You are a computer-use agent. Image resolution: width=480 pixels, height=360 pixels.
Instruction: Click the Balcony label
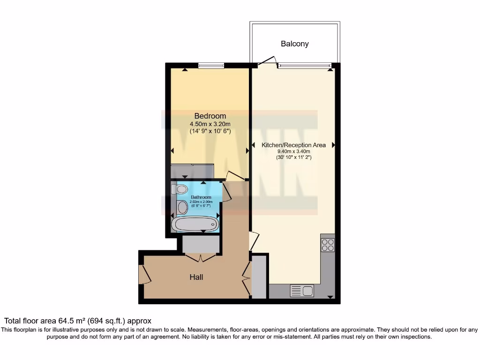click(x=294, y=44)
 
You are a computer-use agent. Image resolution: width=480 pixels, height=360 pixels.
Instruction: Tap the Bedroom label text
click(x=210, y=116)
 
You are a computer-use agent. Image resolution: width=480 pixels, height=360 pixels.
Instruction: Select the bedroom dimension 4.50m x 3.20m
click(x=210, y=124)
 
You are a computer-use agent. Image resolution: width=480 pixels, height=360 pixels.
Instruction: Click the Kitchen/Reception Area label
click(x=293, y=145)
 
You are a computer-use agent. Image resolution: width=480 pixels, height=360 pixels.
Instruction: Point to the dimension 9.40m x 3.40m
click(x=294, y=151)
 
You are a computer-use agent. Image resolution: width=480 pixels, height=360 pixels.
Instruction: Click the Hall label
click(x=196, y=277)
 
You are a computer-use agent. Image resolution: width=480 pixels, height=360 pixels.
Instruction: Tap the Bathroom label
click(x=200, y=197)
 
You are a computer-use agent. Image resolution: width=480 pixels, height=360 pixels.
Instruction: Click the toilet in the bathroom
click(x=179, y=189)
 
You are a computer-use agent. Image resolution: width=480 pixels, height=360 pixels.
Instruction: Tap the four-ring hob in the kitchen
click(x=328, y=245)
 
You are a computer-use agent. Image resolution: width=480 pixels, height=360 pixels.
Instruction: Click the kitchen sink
click(x=302, y=291)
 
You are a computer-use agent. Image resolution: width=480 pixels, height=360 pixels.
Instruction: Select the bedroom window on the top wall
click(x=211, y=66)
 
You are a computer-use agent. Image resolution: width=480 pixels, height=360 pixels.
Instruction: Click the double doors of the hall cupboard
click(x=201, y=257)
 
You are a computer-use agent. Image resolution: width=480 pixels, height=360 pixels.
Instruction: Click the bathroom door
click(x=226, y=192)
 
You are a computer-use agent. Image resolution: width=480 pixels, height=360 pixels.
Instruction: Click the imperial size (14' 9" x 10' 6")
click(x=210, y=131)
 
